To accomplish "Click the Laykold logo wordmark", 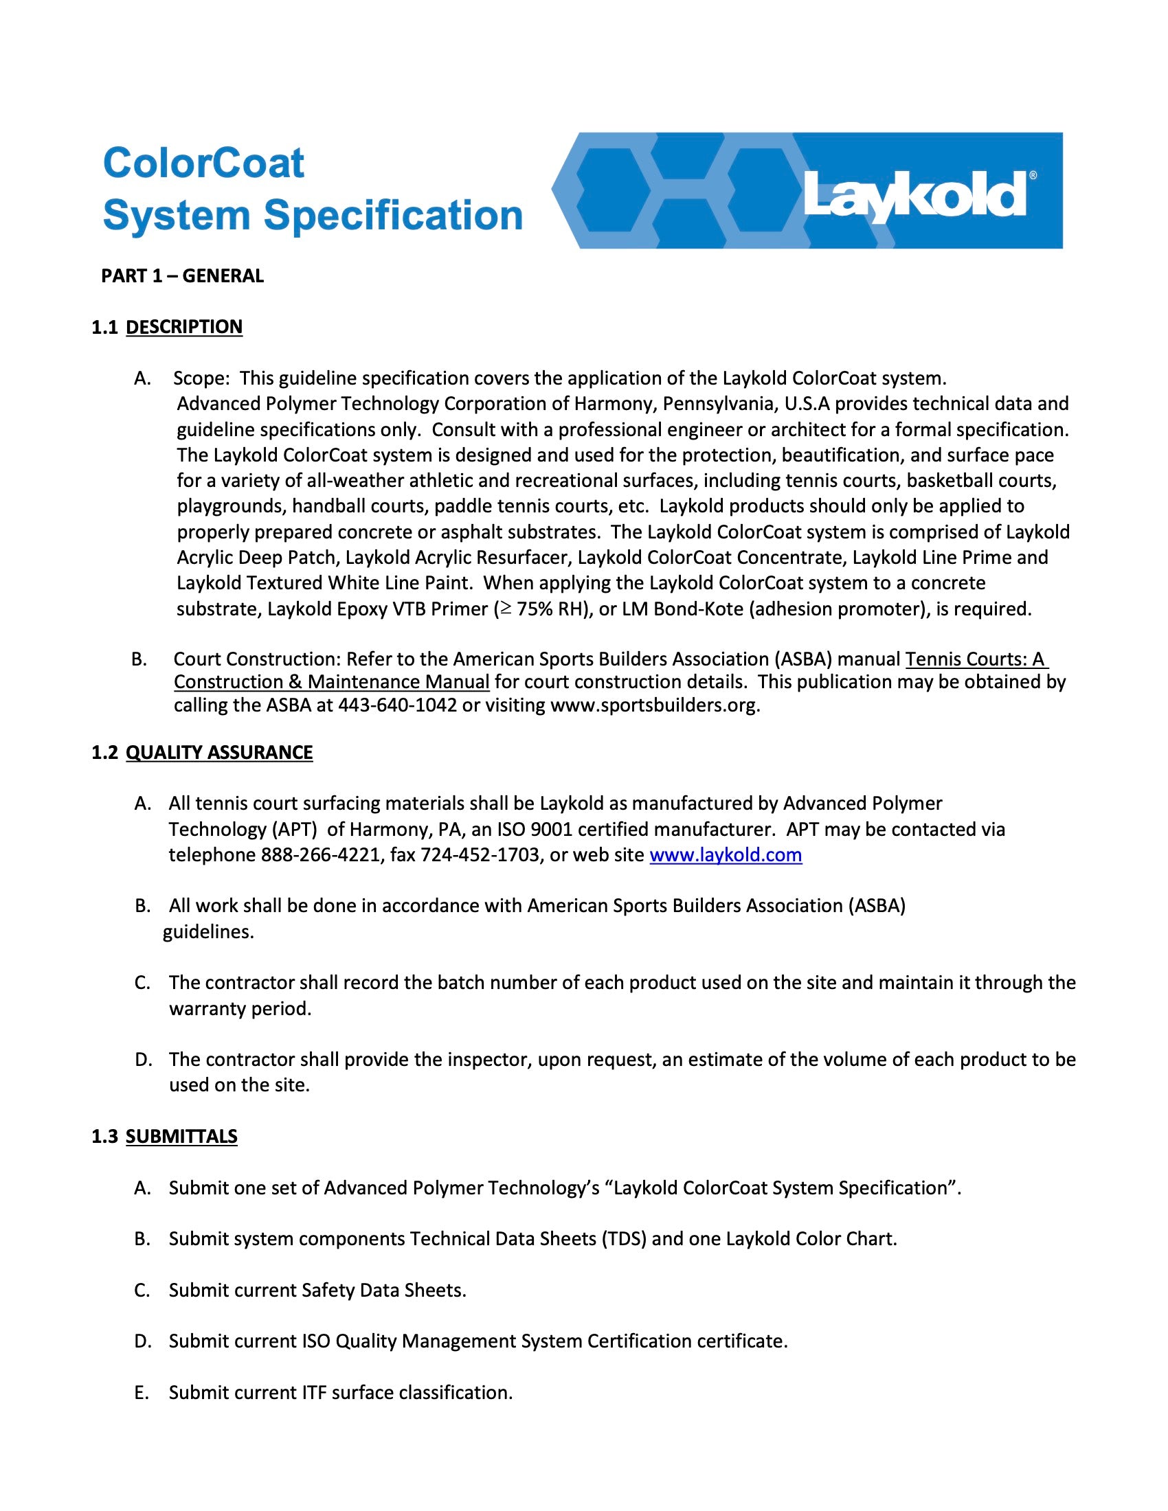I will (913, 195).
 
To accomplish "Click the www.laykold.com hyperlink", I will (725, 855).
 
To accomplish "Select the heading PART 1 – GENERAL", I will (183, 276).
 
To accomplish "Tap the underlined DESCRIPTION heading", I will (184, 327).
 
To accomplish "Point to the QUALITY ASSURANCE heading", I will (218, 753).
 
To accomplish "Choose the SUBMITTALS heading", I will (181, 1137).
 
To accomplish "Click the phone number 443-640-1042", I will (397, 705).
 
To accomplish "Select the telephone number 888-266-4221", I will (320, 855).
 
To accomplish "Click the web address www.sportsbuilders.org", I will (654, 705).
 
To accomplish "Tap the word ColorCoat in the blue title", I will (203, 163).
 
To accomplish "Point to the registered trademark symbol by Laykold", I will (1033, 176).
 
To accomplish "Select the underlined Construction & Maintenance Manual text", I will (331, 682).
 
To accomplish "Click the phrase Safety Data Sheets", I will (383, 1291).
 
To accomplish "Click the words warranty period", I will (240, 1009).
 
